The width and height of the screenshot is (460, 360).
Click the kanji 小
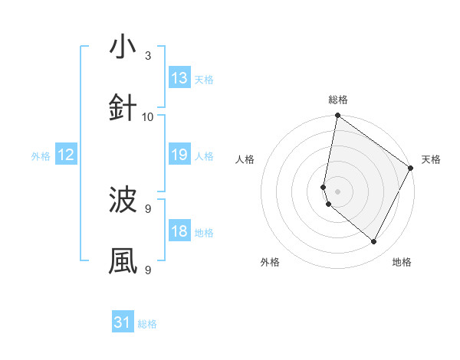pyautogui.click(x=123, y=47)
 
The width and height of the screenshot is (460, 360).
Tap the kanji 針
pyautogui.click(x=123, y=108)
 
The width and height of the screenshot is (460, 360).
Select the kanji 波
pyautogui.click(x=123, y=200)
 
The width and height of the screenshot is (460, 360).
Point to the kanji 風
pyautogui.click(x=123, y=261)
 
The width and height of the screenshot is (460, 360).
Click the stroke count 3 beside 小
pyautogui.click(x=148, y=56)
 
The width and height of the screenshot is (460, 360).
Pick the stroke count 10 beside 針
pyautogui.click(x=148, y=116)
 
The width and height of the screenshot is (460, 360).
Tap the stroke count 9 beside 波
pyautogui.click(x=148, y=208)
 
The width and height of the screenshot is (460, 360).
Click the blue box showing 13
pyautogui.click(x=179, y=78)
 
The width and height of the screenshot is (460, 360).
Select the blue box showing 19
pyautogui.click(x=179, y=155)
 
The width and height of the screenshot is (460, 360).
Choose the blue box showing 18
pyautogui.click(x=179, y=231)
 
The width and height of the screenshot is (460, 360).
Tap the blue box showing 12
pyautogui.click(x=65, y=155)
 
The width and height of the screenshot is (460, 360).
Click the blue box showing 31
pyautogui.click(x=123, y=322)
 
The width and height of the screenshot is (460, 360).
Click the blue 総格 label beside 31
pyautogui.click(x=147, y=324)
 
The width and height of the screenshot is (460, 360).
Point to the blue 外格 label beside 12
pyautogui.click(x=41, y=156)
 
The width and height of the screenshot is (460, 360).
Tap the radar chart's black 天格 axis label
pyautogui.click(x=431, y=159)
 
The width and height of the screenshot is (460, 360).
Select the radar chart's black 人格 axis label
pyautogui.click(x=245, y=159)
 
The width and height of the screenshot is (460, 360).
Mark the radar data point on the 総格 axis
pyautogui.click(x=337, y=116)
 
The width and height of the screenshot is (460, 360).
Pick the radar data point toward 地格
pyautogui.click(x=374, y=242)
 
